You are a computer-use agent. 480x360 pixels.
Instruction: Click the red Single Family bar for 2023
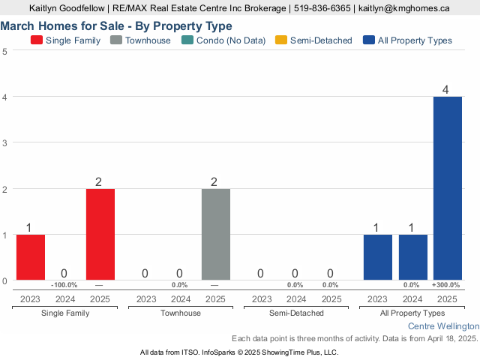[x=31, y=257]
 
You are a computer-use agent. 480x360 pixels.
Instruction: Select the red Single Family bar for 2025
[x=100, y=234]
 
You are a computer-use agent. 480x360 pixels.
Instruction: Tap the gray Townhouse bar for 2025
[x=216, y=234]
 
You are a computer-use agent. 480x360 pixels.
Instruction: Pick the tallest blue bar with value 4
[x=447, y=188]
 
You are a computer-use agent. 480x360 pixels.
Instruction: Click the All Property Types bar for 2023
[x=377, y=257]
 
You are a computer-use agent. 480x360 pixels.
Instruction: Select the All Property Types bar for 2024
[x=412, y=257]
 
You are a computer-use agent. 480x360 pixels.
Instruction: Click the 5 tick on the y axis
[x=5, y=51]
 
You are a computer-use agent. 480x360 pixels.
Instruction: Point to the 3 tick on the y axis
[x=5, y=143]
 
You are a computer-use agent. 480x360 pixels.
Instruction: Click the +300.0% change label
[x=447, y=286]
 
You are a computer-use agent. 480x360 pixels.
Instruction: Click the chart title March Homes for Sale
[x=116, y=25]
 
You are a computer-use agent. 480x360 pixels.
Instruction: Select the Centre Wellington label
[x=443, y=327]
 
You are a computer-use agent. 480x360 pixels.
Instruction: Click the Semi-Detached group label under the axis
[x=295, y=313]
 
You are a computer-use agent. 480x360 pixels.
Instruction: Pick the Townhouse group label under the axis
[x=180, y=313]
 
